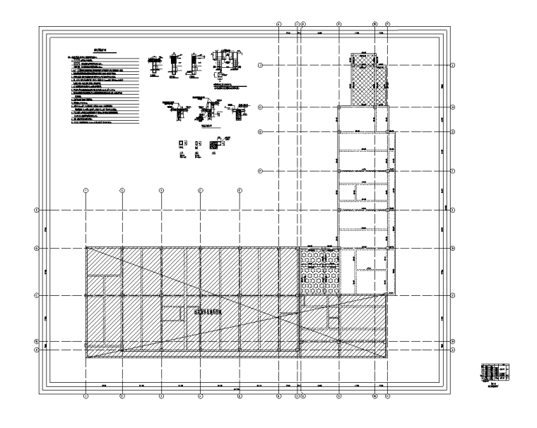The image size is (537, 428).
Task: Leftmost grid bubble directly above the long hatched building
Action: (x=85, y=190)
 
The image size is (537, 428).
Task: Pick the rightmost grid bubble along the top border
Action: (x=387, y=24)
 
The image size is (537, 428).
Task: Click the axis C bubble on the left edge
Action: (x=36, y=295)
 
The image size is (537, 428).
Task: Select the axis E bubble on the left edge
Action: (x=36, y=209)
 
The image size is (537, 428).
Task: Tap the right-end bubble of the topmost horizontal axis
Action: (x=452, y=65)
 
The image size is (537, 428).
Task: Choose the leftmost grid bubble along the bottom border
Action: (x=85, y=396)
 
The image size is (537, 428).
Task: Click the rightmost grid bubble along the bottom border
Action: (x=387, y=396)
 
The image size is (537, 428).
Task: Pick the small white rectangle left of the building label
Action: (x=170, y=311)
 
